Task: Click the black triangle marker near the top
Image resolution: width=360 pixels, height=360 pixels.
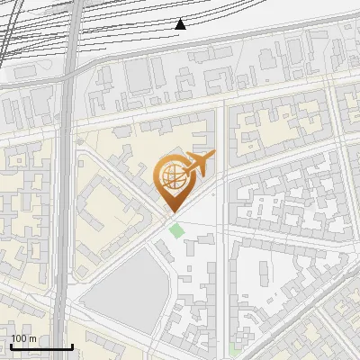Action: [180, 24]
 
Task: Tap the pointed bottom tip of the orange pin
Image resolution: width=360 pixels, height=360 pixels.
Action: [171, 212]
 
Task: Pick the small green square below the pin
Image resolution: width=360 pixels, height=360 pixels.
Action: [177, 229]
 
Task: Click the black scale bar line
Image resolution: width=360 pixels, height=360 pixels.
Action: [41, 346]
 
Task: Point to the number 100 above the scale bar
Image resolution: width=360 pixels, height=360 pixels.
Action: [20, 338]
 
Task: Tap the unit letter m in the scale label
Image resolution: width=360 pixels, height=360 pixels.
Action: [32, 338]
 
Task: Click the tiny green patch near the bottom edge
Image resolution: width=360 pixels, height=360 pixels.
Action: [235, 348]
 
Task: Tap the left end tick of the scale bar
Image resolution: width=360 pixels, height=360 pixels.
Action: [11, 346]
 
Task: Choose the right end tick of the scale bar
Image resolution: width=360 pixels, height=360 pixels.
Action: [72, 346]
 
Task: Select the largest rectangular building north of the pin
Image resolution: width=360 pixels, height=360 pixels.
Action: [139, 76]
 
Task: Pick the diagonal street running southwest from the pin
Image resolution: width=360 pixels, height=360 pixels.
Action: [117, 261]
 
